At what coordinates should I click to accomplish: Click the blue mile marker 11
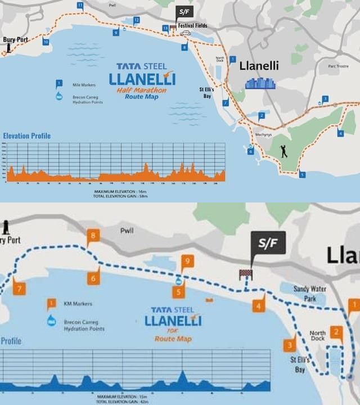pos(80,6)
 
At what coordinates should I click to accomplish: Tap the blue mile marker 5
pos(303,174)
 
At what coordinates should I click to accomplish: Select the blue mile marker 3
pos(325,99)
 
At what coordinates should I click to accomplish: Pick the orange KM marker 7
pos(20,289)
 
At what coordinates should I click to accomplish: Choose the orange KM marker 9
pos(187,262)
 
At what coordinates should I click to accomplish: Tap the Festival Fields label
pos(192,26)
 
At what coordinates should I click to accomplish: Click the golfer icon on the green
pos(284,151)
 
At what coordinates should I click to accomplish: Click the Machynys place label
pos(264,135)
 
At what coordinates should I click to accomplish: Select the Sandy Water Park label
pos(310,293)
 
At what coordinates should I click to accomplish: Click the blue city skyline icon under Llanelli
pos(260,83)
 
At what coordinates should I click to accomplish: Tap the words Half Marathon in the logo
pos(142,90)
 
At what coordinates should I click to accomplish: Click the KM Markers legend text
pos(78,304)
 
